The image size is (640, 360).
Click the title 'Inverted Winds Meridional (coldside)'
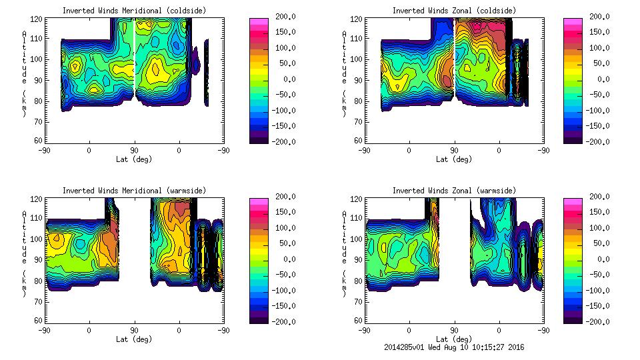(x=134, y=10)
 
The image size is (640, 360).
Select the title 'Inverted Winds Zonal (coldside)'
(x=454, y=10)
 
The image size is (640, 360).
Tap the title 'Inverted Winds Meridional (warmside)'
(x=134, y=191)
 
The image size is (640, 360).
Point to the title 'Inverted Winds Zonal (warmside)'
(x=454, y=191)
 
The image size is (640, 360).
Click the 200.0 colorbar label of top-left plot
(x=285, y=16)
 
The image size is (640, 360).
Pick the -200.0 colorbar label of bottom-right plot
(x=599, y=322)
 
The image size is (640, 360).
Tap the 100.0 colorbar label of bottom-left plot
(x=285, y=228)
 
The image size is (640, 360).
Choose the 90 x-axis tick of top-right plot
(x=455, y=151)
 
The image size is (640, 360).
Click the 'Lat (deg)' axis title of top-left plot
(x=134, y=159)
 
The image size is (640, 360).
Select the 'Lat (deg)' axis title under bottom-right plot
(x=454, y=339)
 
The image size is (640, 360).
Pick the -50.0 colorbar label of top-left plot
(x=285, y=95)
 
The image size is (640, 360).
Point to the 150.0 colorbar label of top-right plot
(x=599, y=32)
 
